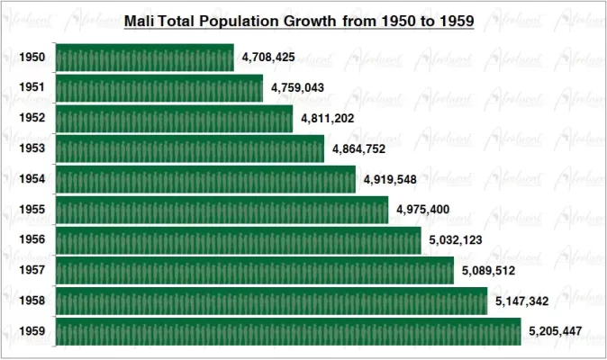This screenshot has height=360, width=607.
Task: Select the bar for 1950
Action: click(x=145, y=58)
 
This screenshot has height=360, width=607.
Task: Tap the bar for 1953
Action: click(x=190, y=148)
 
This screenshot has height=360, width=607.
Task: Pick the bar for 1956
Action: click(x=239, y=240)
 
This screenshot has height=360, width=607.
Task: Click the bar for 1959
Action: click(x=288, y=331)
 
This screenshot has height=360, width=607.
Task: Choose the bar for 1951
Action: click(x=159, y=88)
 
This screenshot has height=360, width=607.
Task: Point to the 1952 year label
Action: click(x=33, y=119)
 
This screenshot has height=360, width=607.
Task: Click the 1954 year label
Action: click(x=33, y=179)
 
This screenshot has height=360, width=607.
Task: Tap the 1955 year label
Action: click(x=33, y=210)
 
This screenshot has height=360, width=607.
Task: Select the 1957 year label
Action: click(x=33, y=270)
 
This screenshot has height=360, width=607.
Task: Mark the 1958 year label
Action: click(x=33, y=301)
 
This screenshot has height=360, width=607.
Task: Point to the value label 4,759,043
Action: click(x=297, y=88)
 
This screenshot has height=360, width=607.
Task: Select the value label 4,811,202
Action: click(x=328, y=119)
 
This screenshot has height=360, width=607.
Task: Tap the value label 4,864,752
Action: click(x=359, y=148)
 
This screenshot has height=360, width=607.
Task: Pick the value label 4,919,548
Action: click(x=391, y=179)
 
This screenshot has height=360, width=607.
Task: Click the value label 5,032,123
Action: click(x=456, y=240)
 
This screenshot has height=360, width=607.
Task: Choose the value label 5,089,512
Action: click(x=488, y=270)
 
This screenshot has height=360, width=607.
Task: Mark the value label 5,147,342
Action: click(x=521, y=301)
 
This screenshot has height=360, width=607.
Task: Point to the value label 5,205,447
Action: click(x=556, y=331)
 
